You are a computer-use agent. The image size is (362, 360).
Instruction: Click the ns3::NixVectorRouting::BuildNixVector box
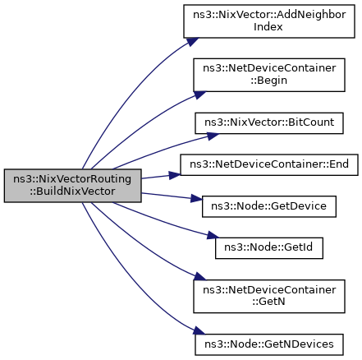click(x=72, y=186)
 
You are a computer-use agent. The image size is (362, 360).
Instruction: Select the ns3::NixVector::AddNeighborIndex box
click(x=269, y=21)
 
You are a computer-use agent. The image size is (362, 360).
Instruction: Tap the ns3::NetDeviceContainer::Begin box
click(x=269, y=75)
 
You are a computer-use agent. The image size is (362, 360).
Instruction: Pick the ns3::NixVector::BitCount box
click(x=269, y=123)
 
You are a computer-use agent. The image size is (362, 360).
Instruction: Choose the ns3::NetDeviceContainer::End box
click(x=269, y=164)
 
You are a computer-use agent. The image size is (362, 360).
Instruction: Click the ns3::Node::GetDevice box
click(x=269, y=206)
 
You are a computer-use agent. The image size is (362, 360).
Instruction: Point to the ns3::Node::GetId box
click(x=269, y=248)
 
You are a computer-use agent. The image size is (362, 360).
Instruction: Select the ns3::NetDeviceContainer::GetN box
click(x=269, y=296)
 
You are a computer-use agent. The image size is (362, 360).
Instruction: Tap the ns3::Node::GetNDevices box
click(x=269, y=344)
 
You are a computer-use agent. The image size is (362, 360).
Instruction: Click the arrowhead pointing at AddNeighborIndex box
click(x=193, y=42)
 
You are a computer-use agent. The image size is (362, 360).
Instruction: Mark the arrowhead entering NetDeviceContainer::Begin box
click(x=199, y=95)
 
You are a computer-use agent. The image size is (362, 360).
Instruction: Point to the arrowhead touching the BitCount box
click(x=213, y=136)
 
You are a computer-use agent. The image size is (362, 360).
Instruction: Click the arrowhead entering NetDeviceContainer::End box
click(x=175, y=175)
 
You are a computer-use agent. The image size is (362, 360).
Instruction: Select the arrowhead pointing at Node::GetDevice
click(x=196, y=198)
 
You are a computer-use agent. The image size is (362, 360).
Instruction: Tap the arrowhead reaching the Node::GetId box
click(x=213, y=235)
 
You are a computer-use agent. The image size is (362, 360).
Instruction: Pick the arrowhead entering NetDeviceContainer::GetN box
click(x=199, y=276)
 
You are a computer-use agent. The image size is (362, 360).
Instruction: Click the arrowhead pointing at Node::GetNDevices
click(x=199, y=330)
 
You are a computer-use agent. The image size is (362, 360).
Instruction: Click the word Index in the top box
click(x=268, y=27)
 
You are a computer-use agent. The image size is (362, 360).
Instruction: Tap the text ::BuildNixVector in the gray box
click(x=72, y=192)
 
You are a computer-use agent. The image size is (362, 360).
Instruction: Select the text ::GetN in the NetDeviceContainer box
click(x=268, y=302)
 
